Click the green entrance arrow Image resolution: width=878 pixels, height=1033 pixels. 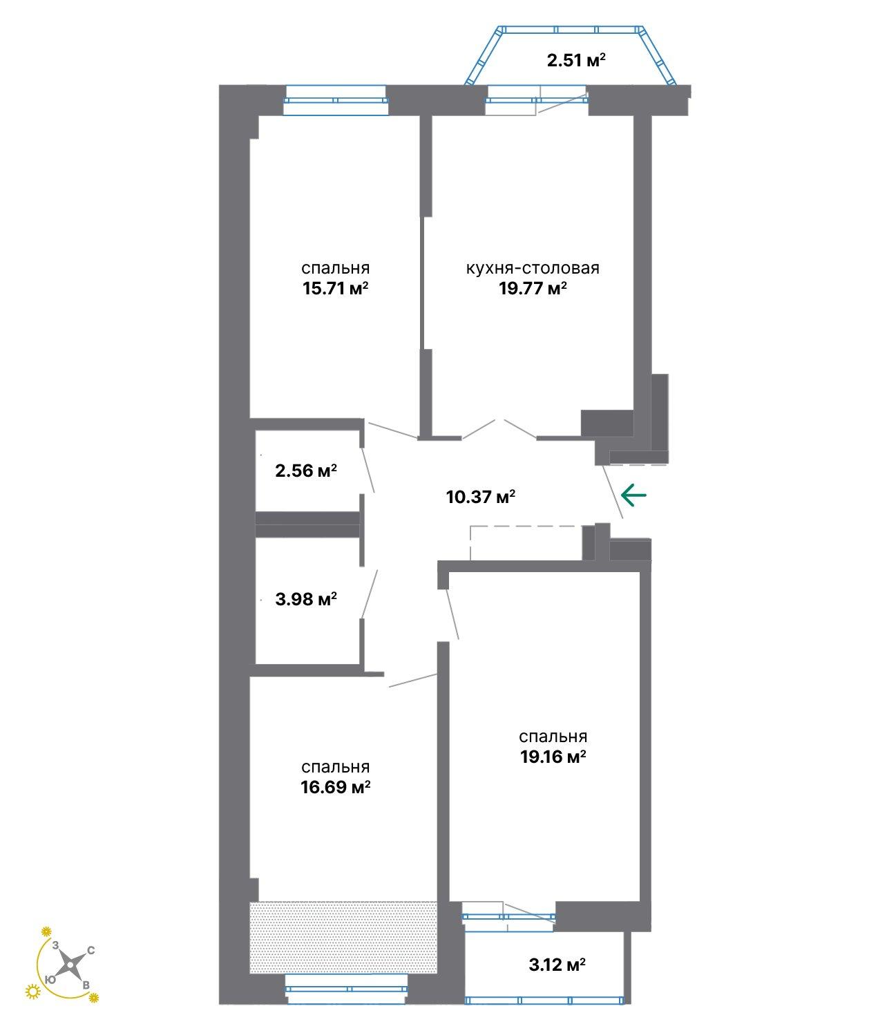click(x=633, y=495)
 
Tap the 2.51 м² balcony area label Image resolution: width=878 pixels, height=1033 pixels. click(x=576, y=61)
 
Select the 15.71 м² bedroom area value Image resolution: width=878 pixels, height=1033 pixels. click(x=335, y=288)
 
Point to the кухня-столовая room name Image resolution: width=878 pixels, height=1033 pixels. click(x=533, y=268)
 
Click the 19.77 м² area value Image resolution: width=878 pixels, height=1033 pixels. click(x=533, y=288)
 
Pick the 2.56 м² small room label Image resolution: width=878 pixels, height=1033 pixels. click(x=306, y=471)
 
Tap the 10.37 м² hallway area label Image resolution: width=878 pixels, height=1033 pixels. click(x=481, y=497)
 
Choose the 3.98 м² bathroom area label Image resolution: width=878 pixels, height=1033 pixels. click(x=306, y=598)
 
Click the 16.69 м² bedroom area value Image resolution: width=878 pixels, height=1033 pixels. click(x=335, y=787)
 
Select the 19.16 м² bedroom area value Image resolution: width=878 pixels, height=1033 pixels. click(x=553, y=757)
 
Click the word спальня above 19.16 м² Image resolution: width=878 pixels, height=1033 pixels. click(x=553, y=737)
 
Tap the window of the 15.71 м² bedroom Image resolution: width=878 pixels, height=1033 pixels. click(x=336, y=100)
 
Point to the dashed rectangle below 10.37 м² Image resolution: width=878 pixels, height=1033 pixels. click(x=526, y=542)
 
